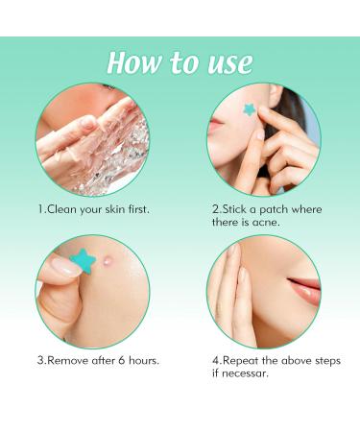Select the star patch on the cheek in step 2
[x=251, y=110]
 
